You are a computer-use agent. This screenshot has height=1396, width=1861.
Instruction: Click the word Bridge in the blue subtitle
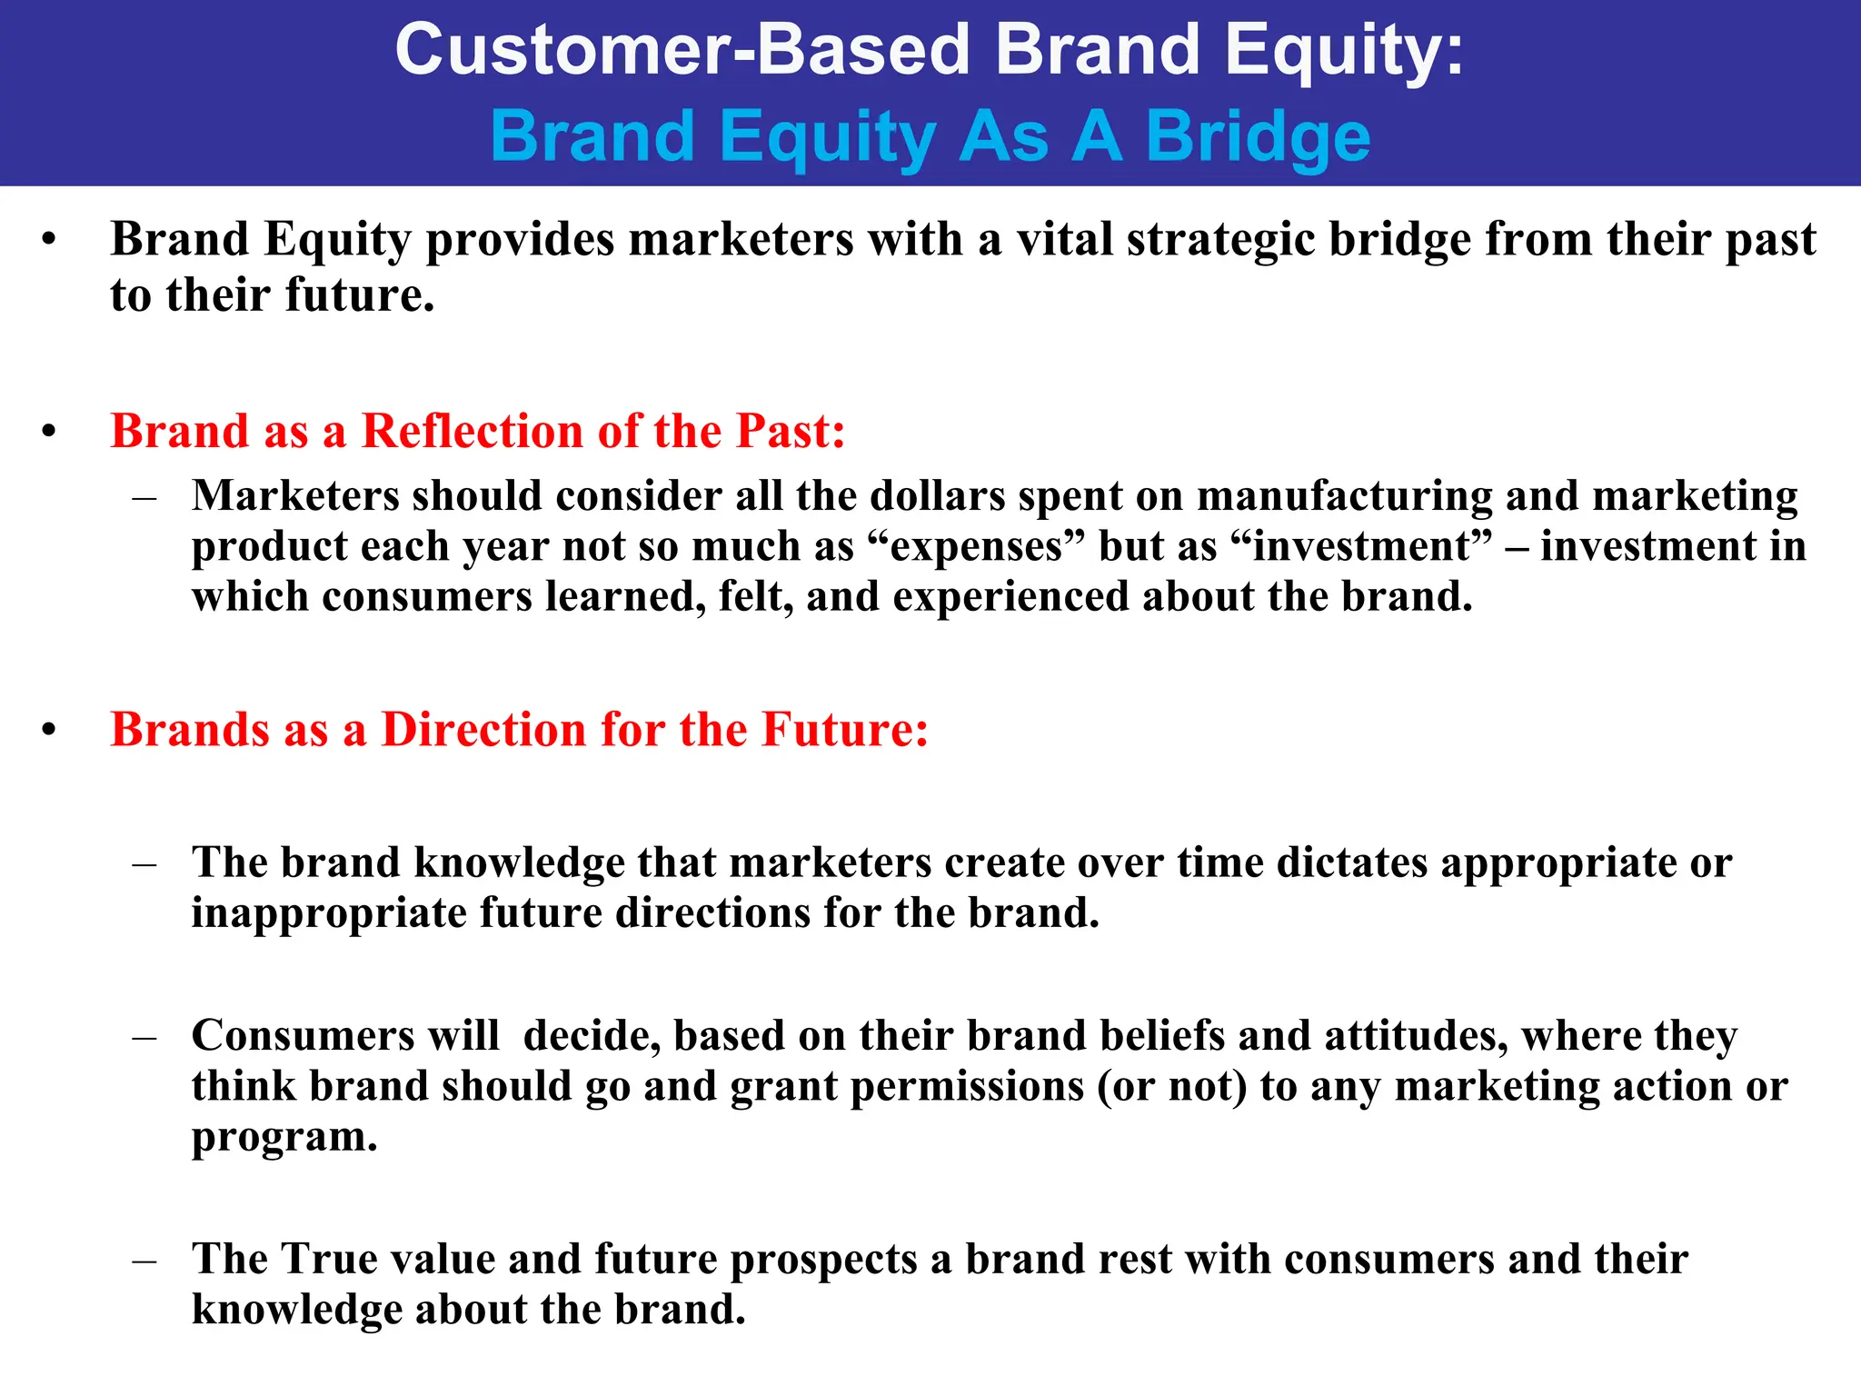coord(1258,136)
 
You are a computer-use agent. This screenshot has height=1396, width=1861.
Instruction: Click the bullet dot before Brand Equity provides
coord(49,241)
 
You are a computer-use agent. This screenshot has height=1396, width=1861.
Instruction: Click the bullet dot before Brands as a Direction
coord(49,731)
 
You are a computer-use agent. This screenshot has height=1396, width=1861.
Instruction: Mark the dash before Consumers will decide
coord(144,1037)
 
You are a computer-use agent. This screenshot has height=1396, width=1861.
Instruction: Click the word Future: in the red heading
coord(844,730)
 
